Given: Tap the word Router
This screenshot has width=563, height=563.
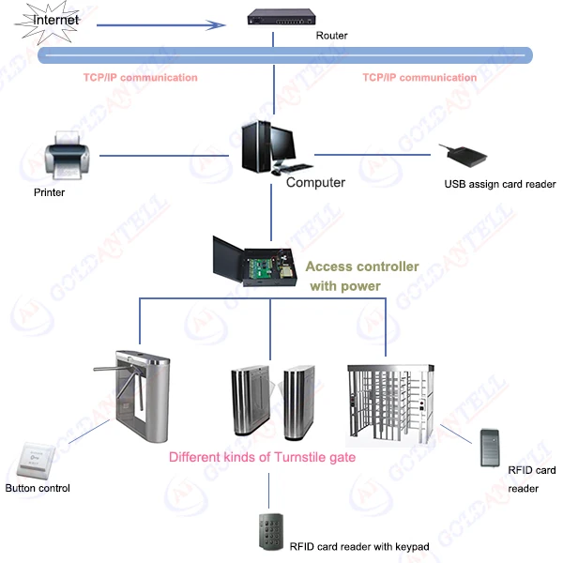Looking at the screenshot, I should pos(330,36).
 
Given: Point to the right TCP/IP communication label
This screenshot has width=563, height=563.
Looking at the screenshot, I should pos(419,78).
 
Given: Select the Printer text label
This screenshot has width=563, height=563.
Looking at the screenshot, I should pos(49,192).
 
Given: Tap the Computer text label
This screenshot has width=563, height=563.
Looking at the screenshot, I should pos(315,183).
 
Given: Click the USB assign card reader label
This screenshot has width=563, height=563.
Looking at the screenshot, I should pos(499,185).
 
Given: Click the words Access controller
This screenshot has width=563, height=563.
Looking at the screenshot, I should pos(362,266).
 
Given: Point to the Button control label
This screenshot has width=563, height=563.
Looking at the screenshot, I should pos(38,488).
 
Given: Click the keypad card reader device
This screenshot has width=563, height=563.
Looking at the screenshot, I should pos(269,531).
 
